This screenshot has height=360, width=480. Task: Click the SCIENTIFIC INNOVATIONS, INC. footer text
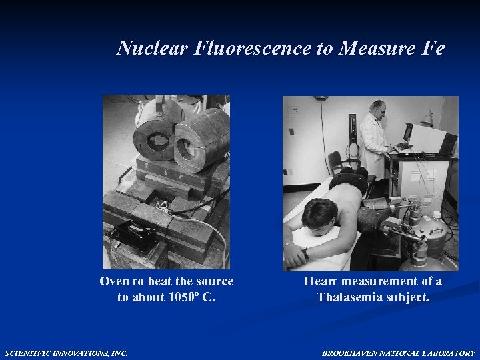coord(66,353)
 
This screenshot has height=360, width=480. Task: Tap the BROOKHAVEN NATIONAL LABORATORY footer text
coord(399,353)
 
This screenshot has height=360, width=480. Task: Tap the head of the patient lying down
coord(319,215)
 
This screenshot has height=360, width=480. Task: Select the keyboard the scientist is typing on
coord(403,148)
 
